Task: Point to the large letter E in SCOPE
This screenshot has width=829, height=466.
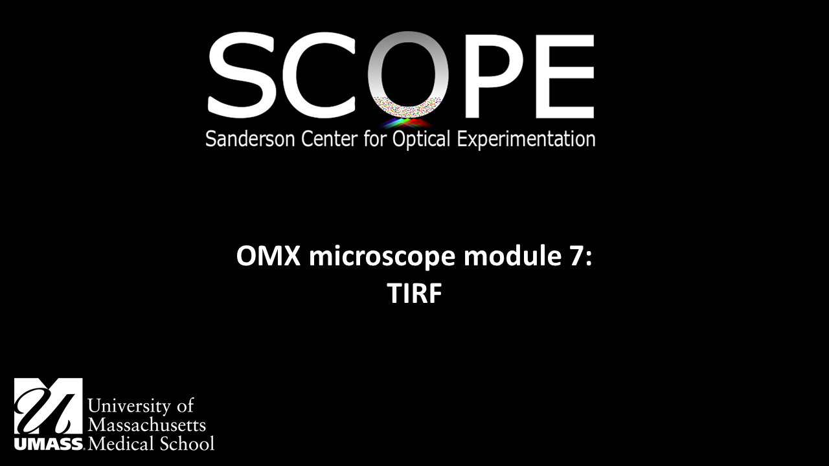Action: pyautogui.click(x=560, y=76)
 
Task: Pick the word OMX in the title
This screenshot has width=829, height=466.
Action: pyautogui.click(x=268, y=257)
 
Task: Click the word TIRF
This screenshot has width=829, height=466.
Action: pyautogui.click(x=414, y=294)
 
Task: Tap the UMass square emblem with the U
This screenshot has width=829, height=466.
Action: pyautogui.click(x=49, y=406)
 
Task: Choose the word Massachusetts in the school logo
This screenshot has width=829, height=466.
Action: pyautogui.click(x=146, y=425)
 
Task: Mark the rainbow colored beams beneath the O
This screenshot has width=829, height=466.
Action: pyautogui.click(x=407, y=122)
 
